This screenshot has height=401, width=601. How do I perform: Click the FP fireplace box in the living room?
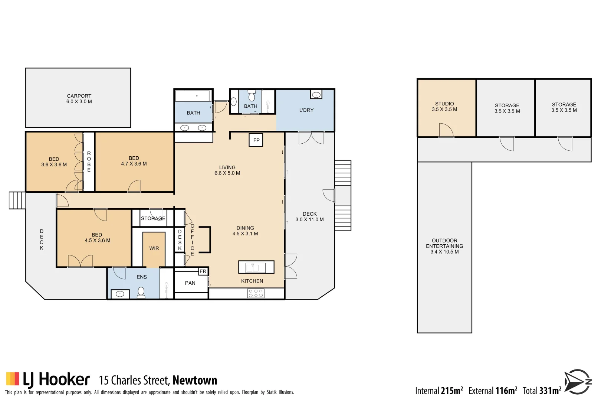[256, 140]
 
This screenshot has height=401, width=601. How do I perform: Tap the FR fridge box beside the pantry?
[203, 271]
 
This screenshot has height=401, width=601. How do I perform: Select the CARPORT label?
[79, 96]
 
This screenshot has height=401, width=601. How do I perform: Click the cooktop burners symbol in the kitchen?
[256, 293]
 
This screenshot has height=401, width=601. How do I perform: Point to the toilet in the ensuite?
[141, 293]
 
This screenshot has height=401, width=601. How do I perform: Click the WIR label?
[154, 248]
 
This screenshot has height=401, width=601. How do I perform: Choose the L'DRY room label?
[306, 110]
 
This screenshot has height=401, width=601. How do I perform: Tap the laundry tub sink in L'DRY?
[316, 95]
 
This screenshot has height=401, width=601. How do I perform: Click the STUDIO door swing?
[446, 130]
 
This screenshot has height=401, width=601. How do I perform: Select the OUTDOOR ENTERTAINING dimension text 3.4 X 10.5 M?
[444, 252]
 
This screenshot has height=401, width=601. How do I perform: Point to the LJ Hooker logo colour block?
[13, 378]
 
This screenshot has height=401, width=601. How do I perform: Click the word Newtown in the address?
[195, 380]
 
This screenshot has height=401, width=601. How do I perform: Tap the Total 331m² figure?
[542, 391]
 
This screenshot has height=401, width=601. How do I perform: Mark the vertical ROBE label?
[89, 162]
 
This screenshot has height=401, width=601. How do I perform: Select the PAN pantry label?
[190, 283]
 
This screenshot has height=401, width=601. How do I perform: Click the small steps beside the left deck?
[17, 200]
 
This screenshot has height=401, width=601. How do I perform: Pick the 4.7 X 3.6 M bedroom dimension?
[134, 164]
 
